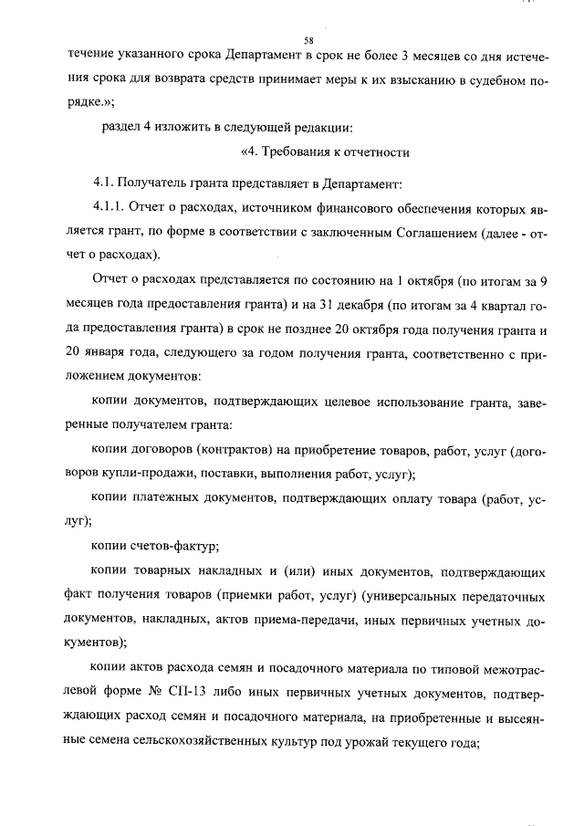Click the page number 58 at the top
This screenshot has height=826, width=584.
point(308,41)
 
